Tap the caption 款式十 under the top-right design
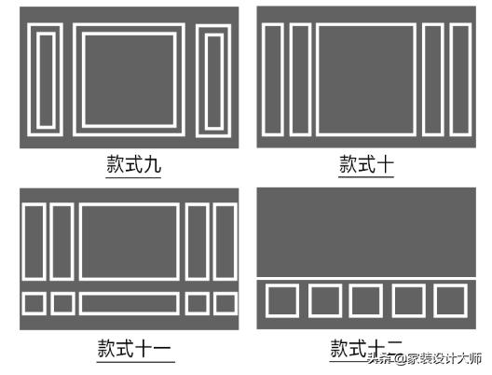366,165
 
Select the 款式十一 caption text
134,349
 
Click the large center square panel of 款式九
130,78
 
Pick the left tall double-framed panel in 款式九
45,78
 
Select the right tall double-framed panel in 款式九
215,78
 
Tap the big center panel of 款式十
365,80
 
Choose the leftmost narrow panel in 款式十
272,80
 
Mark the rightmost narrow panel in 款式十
460,80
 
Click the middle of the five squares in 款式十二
366,300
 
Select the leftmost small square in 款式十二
281,300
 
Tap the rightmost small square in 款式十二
450,300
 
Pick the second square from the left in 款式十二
324,300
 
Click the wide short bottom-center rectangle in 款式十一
130,303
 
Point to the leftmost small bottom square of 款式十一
34,303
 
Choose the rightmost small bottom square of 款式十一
225,303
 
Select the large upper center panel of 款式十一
130,242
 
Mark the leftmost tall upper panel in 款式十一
34,242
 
